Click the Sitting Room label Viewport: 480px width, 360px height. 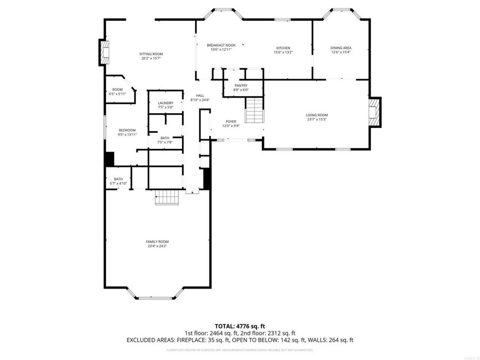tap(151, 54)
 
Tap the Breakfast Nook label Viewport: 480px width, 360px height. tap(221, 46)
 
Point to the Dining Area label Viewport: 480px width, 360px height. tap(341, 48)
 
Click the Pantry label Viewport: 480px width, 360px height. tap(241, 86)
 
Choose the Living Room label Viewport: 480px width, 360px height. tap(316, 115)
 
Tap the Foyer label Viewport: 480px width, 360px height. tap(230, 122)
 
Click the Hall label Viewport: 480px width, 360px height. tap(200, 96)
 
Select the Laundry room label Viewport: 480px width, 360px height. tap(165, 103)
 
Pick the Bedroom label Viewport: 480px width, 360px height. tap(127, 131)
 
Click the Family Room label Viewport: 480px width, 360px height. tap(157, 242)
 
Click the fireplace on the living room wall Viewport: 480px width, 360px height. tap(375, 112)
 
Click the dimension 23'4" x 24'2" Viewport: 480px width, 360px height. tap(157, 246)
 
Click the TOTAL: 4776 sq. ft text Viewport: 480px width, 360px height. tap(239, 325)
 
